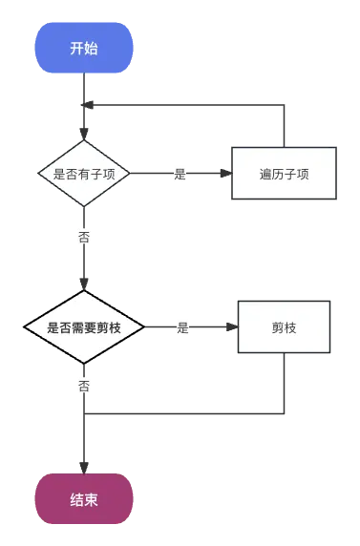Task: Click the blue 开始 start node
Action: point(84,49)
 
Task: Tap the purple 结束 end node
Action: point(84,499)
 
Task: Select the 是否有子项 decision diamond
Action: point(84,174)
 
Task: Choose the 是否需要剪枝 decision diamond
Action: point(84,327)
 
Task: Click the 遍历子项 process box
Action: point(284,174)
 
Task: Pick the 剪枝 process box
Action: point(284,327)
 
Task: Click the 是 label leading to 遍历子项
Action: point(180,174)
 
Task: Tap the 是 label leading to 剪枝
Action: point(183,327)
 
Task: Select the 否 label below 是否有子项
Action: point(84,237)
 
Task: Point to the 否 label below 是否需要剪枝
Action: point(84,387)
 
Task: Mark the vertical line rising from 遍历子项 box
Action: point(285,124)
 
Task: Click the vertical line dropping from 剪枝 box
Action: point(285,387)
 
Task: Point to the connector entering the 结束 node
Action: point(84,449)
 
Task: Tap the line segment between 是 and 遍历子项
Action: point(210,174)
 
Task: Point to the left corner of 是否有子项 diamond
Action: point(38,174)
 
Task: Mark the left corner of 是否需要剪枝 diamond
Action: point(25,327)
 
